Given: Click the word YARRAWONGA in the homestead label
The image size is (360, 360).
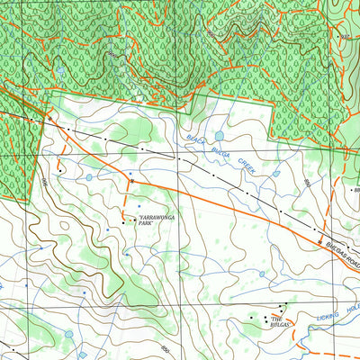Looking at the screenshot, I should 154,219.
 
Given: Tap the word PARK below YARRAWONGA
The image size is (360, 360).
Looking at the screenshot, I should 148,225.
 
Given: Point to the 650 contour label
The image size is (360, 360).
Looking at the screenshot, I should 165,348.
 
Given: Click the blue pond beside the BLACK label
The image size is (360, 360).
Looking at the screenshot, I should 219,137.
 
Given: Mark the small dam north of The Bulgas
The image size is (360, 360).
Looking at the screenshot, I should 262,274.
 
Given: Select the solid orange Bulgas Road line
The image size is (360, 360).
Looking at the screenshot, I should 225,204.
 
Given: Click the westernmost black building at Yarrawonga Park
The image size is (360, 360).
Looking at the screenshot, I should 123,220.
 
